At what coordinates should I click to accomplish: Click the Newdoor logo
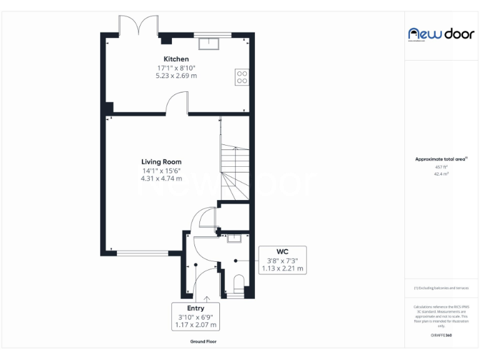pos(441,34)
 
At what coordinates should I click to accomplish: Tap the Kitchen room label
pos(176,59)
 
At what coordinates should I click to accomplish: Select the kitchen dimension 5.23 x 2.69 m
pos(176,76)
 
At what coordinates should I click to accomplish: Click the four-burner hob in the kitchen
pos(242,77)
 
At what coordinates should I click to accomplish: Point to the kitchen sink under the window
pos(208,43)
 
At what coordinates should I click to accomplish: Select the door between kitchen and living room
pos(177,103)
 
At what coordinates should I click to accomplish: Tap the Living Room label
pos(161,162)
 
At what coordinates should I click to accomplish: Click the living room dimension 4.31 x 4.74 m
pos(161,178)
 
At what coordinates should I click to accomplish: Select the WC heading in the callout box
pos(282,251)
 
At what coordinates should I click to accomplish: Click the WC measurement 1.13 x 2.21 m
pos(282,269)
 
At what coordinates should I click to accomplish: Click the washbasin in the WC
pos(234,238)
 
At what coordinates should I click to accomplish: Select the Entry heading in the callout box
pos(196,308)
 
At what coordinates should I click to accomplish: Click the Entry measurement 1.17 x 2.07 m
pos(196,325)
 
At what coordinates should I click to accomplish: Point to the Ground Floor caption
pos(204,342)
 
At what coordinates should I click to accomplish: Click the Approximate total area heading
pos(441,159)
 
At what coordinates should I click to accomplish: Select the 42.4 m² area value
pos(441,174)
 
